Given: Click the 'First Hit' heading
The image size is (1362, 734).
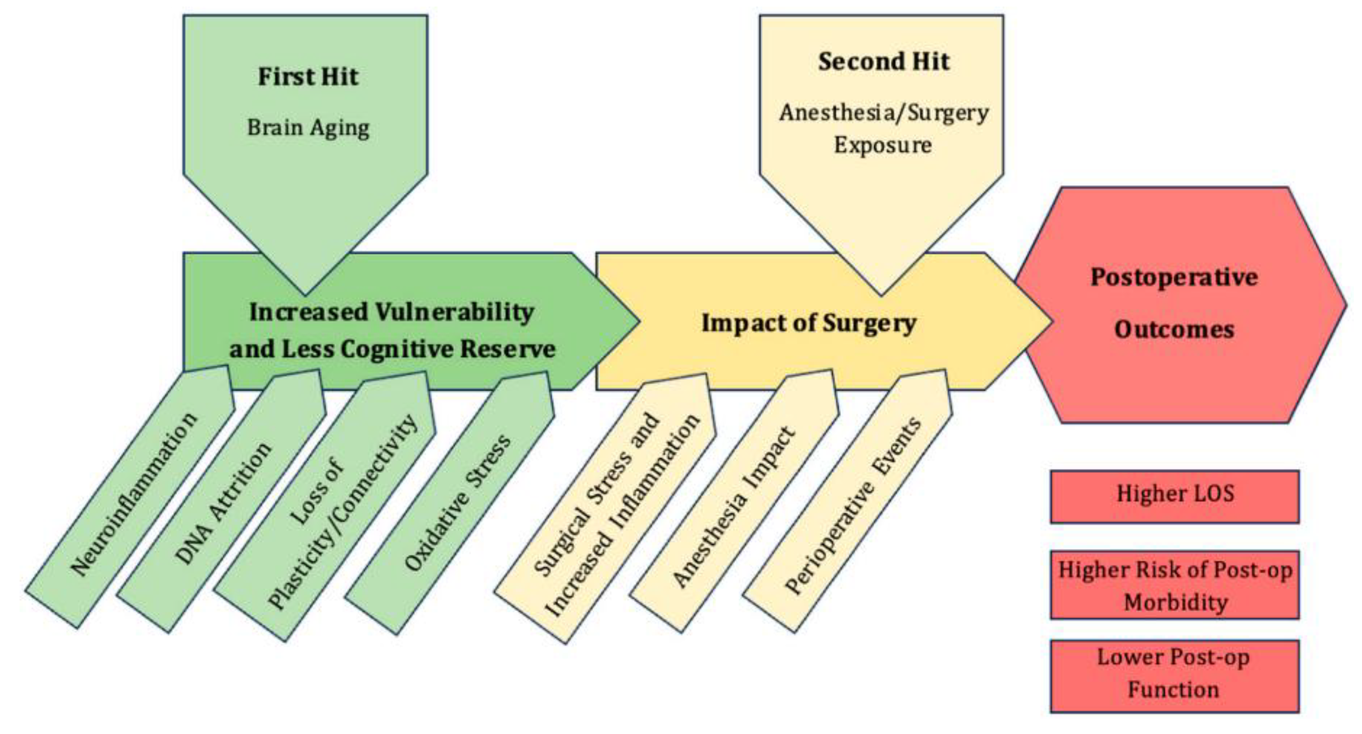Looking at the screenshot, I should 308,77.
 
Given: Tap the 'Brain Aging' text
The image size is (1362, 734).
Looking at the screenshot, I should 308,128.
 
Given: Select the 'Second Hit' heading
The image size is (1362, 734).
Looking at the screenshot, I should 884,61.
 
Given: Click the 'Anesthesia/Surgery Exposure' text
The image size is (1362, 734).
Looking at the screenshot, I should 884,128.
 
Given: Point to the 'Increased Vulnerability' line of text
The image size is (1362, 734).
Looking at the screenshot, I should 391,312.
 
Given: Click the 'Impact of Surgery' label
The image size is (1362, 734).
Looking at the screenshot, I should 809,323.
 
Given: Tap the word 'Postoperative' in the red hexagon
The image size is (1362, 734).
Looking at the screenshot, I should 1174,277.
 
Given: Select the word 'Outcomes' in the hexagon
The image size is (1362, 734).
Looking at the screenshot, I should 1174,330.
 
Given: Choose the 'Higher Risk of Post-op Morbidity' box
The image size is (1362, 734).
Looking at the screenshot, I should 1174,585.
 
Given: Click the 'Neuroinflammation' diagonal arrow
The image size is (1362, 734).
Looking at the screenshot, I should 133,495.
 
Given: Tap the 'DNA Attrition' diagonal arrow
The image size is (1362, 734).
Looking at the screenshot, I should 223,503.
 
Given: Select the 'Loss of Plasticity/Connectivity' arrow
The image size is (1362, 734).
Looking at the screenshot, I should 343,511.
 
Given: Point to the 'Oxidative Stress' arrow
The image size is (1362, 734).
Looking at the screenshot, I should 457,503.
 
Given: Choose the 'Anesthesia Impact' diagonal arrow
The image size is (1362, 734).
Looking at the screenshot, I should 734,506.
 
